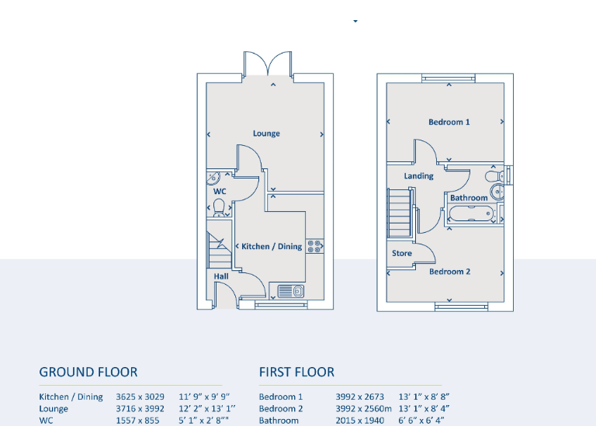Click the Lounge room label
coord(266,133)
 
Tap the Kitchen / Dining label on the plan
coord(272,246)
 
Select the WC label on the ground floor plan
coord(220,191)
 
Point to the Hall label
coord(221,276)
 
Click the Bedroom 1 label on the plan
coord(449,122)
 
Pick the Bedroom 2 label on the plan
coord(449,272)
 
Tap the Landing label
coord(419,176)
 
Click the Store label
coord(402,253)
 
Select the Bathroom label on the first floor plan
coord(469,198)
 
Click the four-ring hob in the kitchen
coord(315,246)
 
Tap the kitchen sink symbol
coord(291,292)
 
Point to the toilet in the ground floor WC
coord(220,207)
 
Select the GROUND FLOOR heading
coord(88,372)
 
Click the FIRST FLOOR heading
coord(297,372)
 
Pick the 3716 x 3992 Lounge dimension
coord(140,409)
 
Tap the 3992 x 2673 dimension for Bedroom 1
coord(359,397)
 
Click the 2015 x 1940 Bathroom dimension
coord(359,421)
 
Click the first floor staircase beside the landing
coord(399,214)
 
